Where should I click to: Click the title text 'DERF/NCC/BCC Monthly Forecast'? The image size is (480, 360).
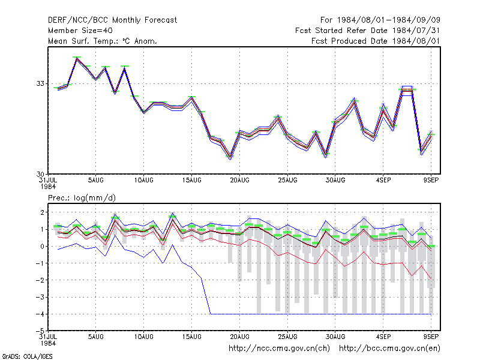[x=112, y=20]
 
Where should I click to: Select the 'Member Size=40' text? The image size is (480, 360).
[x=80, y=31]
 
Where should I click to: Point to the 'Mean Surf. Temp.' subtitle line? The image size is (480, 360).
[x=103, y=41]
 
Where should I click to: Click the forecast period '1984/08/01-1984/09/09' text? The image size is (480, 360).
[x=388, y=20]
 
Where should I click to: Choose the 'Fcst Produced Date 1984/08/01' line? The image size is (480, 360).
[x=376, y=41]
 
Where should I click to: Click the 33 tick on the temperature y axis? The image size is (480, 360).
[x=40, y=83]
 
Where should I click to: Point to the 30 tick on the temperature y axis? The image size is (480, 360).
[x=40, y=174]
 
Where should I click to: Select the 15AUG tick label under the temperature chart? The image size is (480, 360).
[x=191, y=181]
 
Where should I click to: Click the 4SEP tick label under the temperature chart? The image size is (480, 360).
[x=383, y=181]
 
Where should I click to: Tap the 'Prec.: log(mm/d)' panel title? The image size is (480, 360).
[x=82, y=198]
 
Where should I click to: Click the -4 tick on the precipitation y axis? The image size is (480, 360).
[x=40, y=314]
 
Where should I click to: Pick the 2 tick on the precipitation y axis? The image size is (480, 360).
[x=42, y=212]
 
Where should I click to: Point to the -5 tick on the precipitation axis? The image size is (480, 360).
[x=40, y=331]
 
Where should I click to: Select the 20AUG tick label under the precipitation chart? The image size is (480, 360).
[x=239, y=337]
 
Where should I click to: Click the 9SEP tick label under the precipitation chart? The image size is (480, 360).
[x=431, y=337]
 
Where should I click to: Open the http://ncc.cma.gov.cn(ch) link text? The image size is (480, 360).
[x=279, y=349]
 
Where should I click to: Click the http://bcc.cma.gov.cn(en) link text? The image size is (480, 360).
[x=389, y=349]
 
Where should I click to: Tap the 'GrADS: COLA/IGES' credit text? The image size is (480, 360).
[x=27, y=356]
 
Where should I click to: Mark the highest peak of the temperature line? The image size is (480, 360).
[x=77, y=58]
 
